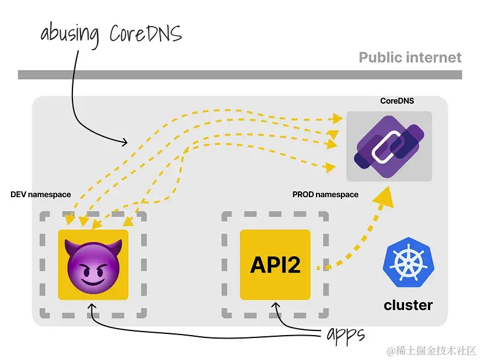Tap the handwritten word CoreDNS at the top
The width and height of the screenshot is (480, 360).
point(146,33)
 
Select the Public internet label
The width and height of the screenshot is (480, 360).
point(410,57)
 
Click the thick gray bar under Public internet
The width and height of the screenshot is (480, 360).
point(240,74)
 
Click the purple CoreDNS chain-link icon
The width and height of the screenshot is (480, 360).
point(389,146)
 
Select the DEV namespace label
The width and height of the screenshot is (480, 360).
point(41,194)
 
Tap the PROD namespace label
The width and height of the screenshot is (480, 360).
point(325,194)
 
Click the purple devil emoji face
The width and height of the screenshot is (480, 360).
point(93,265)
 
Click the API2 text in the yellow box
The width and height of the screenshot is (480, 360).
point(275,265)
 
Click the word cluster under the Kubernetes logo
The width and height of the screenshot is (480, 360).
point(408,305)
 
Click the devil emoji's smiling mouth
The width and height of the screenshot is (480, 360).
point(93,282)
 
